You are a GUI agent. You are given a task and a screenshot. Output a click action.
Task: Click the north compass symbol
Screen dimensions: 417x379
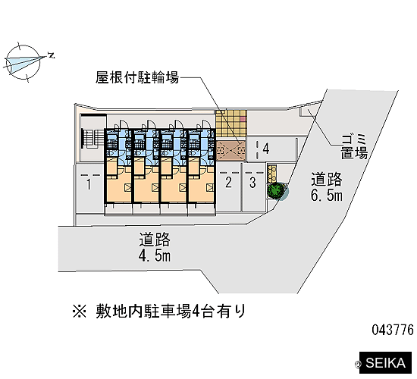point(24,62)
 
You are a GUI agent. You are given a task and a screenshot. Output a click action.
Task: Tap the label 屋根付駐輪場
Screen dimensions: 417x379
point(137,78)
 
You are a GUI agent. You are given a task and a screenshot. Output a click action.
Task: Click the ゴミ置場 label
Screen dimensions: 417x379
point(354,146)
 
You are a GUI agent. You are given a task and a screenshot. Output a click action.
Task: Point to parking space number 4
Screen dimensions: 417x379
point(266,149)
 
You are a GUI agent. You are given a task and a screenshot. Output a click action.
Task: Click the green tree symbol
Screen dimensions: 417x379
point(277,190)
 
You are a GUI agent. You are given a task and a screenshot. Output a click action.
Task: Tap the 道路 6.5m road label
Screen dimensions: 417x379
point(327,186)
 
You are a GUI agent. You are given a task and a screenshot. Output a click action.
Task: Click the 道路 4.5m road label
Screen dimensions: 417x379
point(155,247)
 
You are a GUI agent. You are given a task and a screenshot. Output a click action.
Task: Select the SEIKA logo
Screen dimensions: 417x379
point(385,363)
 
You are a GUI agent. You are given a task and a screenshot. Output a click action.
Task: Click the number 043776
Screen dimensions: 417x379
point(393,330)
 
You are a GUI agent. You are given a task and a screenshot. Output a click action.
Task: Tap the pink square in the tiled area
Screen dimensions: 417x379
point(243,119)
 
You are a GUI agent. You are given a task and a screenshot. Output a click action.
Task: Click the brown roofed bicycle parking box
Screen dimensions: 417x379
point(230,151)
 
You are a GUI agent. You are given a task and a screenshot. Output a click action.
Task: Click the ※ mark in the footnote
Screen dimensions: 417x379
point(80,312)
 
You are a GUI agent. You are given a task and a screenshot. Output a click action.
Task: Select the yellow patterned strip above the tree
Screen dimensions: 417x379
point(272,174)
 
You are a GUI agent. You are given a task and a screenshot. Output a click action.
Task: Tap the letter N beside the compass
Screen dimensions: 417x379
point(51,55)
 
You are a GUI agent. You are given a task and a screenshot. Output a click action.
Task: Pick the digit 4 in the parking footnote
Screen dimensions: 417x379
point(196,312)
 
